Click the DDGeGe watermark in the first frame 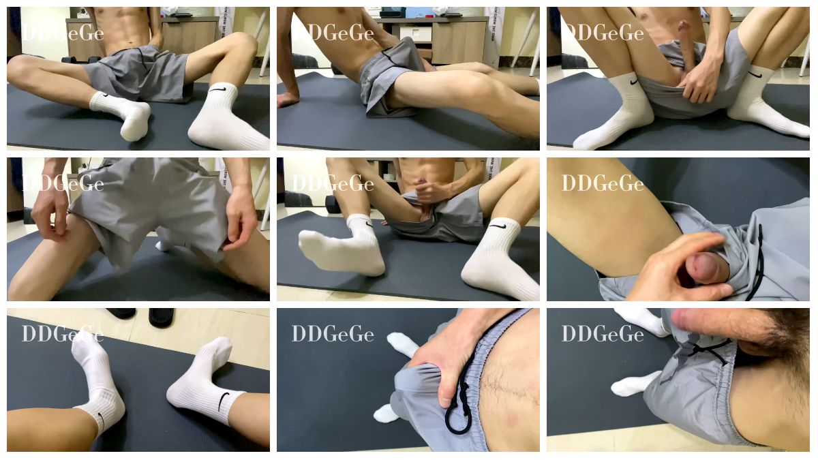(x=63, y=33)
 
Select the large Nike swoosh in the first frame (x=217, y=89)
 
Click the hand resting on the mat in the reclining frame (x=288, y=99)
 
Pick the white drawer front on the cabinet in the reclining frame (x=416, y=33)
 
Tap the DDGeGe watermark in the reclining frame (x=333, y=33)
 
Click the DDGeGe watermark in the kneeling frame (x=63, y=183)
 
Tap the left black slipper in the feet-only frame (x=121, y=313)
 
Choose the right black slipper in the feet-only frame (x=162, y=317)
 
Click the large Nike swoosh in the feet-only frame (x=223, y=401)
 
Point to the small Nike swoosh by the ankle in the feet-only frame (x=102, y=420)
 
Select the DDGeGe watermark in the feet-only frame (x=63, y=334)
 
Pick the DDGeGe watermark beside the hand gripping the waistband (x=333, y=334)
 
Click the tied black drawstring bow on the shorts (x=708, y=350)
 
